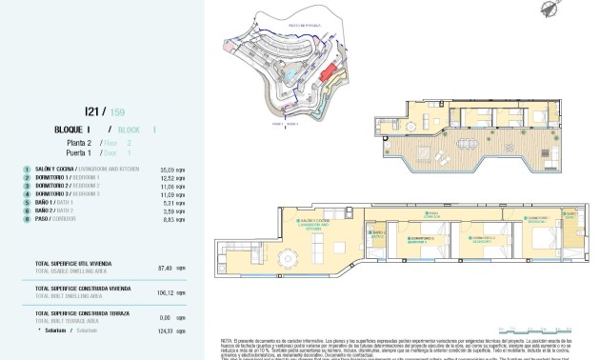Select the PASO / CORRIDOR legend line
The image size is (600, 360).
click(53, 219)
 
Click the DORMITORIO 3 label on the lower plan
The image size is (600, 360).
click(420, 239)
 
